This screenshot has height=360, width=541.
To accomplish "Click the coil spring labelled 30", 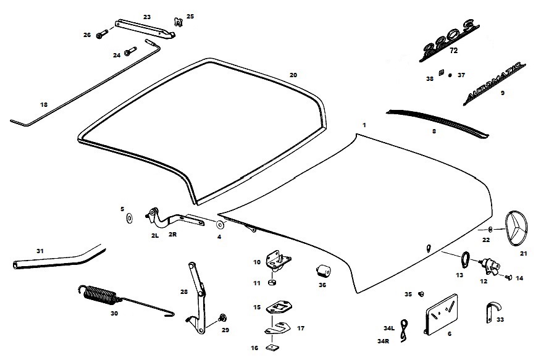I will [101, 295].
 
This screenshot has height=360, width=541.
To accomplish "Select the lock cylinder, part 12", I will [490, 264].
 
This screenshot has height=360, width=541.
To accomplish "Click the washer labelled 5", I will [129, 217].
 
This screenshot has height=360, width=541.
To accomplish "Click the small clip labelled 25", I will [178, 22].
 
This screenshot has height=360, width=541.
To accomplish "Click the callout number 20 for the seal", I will [293, 75].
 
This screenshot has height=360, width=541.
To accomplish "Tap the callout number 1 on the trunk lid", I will [364, 125].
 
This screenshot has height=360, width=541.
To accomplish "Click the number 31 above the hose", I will [40, 251].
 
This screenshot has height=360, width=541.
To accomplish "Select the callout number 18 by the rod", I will [43, 105].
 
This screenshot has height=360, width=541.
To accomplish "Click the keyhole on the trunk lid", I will [428, 248].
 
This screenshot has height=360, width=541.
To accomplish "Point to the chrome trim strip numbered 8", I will [436, 121].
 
